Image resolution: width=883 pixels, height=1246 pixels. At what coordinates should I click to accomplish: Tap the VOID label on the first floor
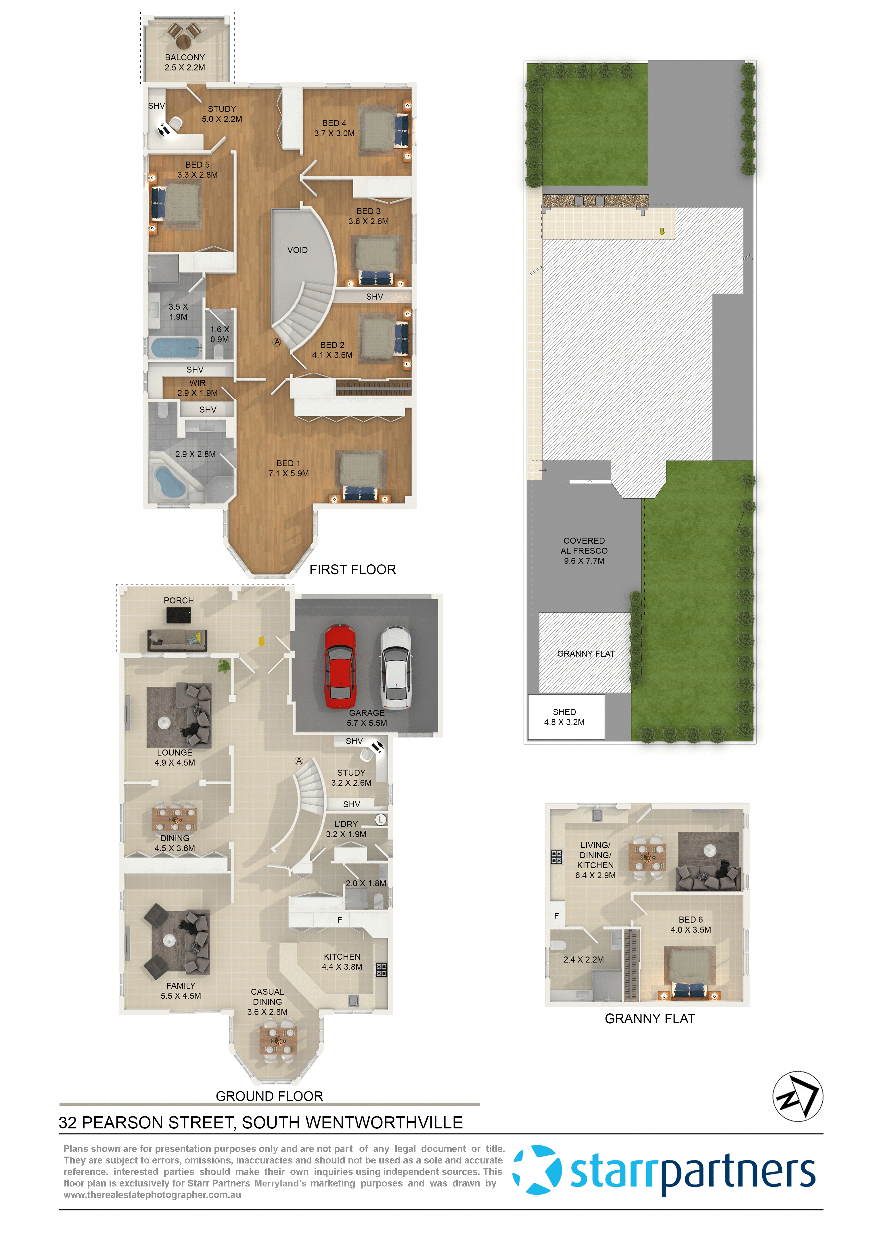click(x=297, y=250)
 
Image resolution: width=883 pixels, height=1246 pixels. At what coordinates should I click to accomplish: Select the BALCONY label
click(x=185, y=57)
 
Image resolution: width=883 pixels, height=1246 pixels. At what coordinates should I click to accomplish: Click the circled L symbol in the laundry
click(x=381, y=819)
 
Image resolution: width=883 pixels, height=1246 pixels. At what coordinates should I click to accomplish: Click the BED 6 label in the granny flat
click(x=691, y=919)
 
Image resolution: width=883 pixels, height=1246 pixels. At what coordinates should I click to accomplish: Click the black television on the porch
click(x=178, y=616)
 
